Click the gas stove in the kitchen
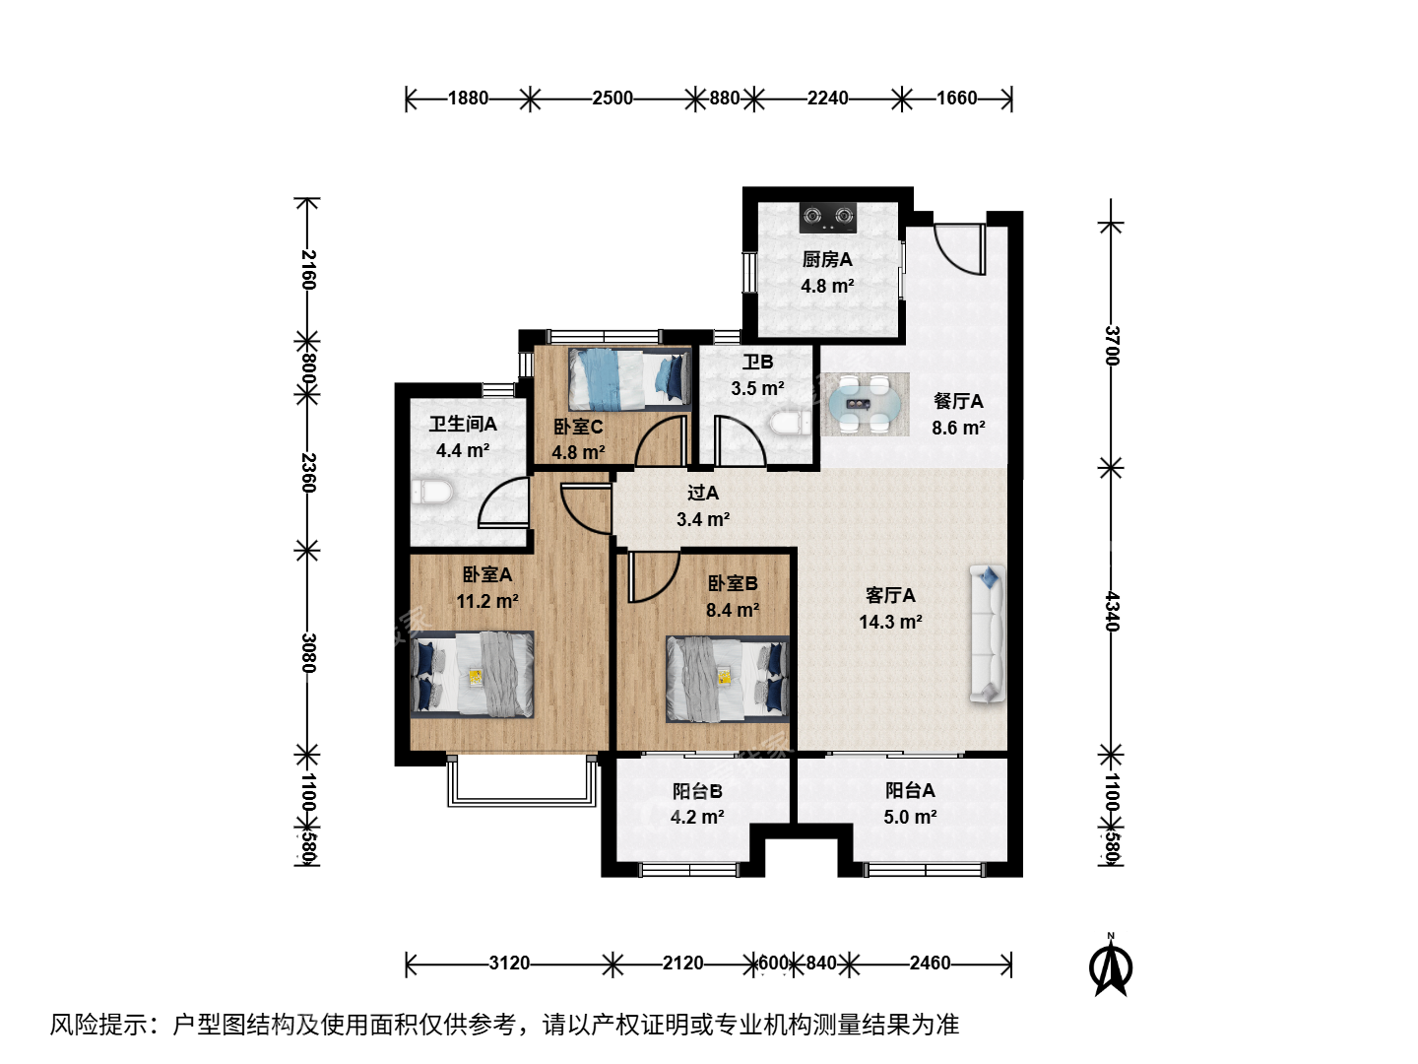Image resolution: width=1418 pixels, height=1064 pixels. point(827,217)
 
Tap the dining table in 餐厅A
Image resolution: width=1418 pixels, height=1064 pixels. point(865,404)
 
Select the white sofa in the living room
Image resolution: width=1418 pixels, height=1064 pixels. point(987,633)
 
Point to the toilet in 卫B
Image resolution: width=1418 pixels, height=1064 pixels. point(790,424)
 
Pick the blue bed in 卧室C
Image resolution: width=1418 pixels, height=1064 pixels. point(629,379)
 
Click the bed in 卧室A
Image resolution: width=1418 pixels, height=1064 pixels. point(473,675)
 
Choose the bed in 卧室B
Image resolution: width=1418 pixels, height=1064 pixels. point(728,679)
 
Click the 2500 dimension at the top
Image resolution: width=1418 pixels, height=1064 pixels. point(612,99)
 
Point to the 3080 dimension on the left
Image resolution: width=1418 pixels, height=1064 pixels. point(309,652)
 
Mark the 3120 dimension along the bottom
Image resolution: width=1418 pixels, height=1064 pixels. point(509,964)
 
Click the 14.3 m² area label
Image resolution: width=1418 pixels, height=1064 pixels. point(890,622)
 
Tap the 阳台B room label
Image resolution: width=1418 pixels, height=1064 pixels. point(697,791)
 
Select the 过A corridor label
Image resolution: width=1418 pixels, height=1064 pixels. point(703,493)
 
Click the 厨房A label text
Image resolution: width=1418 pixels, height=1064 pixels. point(827,259)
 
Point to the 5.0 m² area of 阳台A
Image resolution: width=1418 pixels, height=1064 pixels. point(910,817)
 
